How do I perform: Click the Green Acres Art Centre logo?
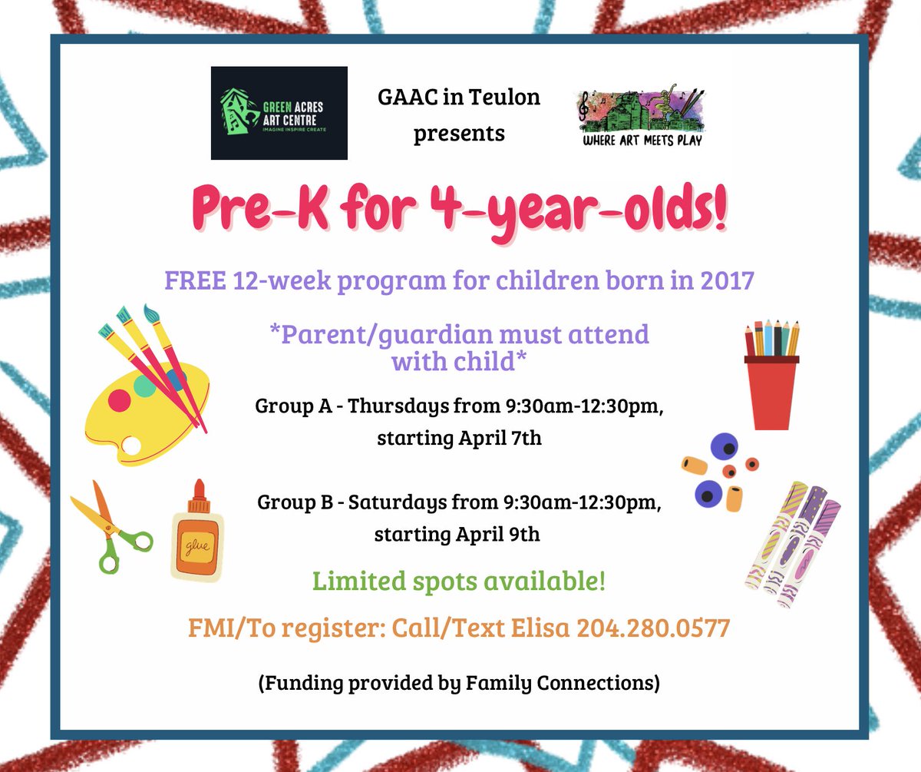tap(279, 113)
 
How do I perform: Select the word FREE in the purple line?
tap(193, 280)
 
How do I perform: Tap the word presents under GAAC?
tap(459, 133)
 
